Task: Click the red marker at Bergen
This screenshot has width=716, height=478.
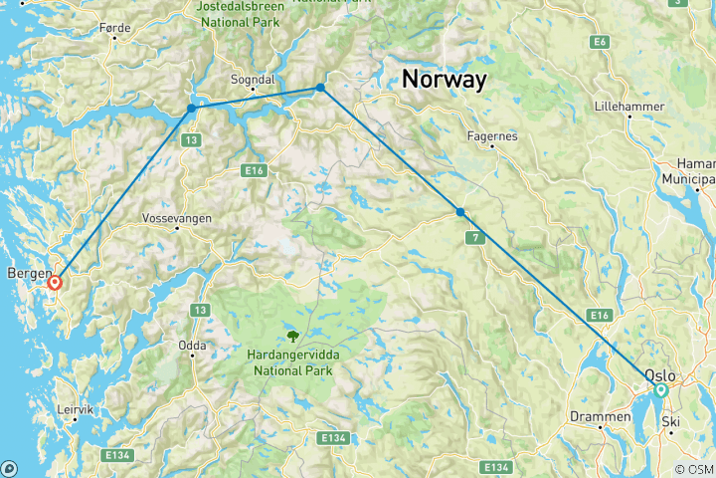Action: pos(55,282)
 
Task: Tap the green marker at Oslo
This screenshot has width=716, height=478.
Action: pos(660,390)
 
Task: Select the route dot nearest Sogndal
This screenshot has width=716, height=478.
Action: pos(320,88)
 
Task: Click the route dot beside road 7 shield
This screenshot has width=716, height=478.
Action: pos(459,212)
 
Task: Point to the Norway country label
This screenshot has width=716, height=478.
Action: pos(444,80)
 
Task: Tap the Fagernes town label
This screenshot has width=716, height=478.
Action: pos(492,136)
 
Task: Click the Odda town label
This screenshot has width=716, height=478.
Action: pos(192,346)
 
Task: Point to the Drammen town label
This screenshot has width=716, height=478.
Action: pos(600,416)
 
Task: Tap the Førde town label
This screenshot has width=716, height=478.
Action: pos(115,29)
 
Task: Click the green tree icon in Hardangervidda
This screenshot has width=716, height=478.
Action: pos(293,335)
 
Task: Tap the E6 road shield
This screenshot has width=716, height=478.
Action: pos(599,42)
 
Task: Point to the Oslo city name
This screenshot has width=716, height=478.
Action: pos(660,375)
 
